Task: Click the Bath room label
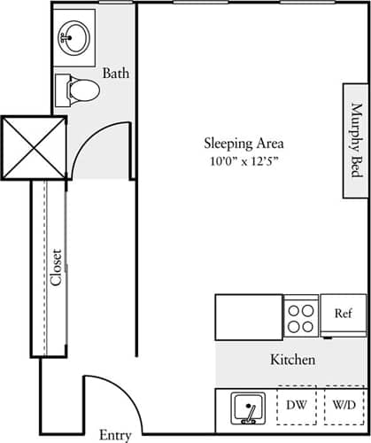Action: tap(116, 73)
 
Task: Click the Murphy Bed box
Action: tap(357, 142)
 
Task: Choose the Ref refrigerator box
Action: tap(344, 314)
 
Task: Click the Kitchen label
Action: tap(293, 361)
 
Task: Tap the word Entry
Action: tap(115, 434)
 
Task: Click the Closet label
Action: tap(55, 267)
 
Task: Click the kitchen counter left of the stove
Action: tap(249, 317)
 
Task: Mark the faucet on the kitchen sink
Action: tap(252, 408)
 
